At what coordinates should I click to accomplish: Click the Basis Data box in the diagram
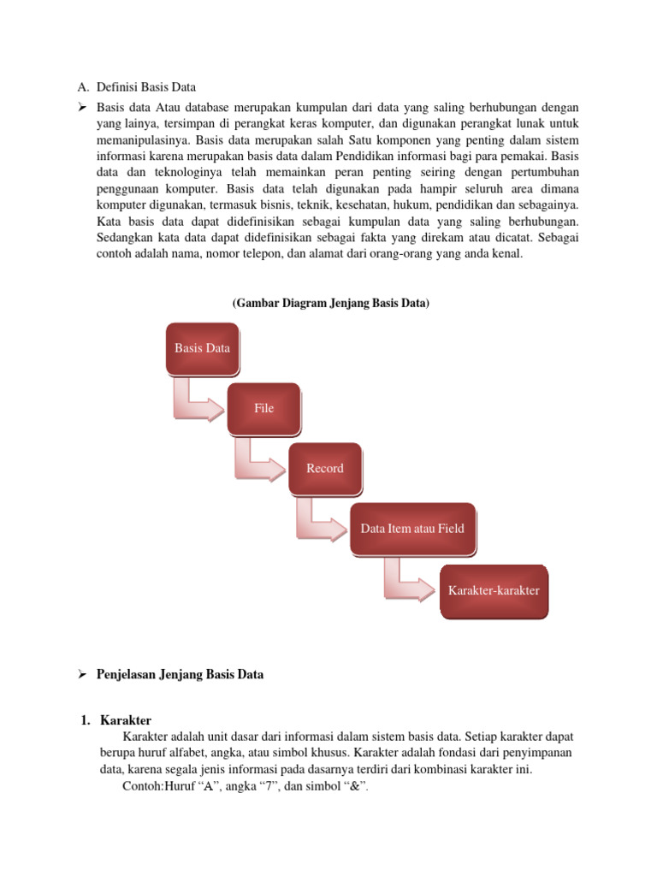(202, 348)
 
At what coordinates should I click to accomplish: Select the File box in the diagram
(264, 408)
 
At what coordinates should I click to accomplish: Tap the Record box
(325, 468)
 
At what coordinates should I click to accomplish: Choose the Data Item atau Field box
(412, 529)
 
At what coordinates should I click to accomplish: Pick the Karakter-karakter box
(494, 590)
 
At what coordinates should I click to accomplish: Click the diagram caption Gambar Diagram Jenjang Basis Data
(331, 304)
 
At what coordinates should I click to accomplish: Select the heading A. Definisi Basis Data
(136, 86)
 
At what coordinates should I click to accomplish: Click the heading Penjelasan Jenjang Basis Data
(181, 674)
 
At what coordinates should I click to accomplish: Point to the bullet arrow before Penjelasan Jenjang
(83, 674)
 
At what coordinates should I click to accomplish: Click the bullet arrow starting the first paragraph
(83, 108)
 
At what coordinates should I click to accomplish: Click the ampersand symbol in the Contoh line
(352, 786)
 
